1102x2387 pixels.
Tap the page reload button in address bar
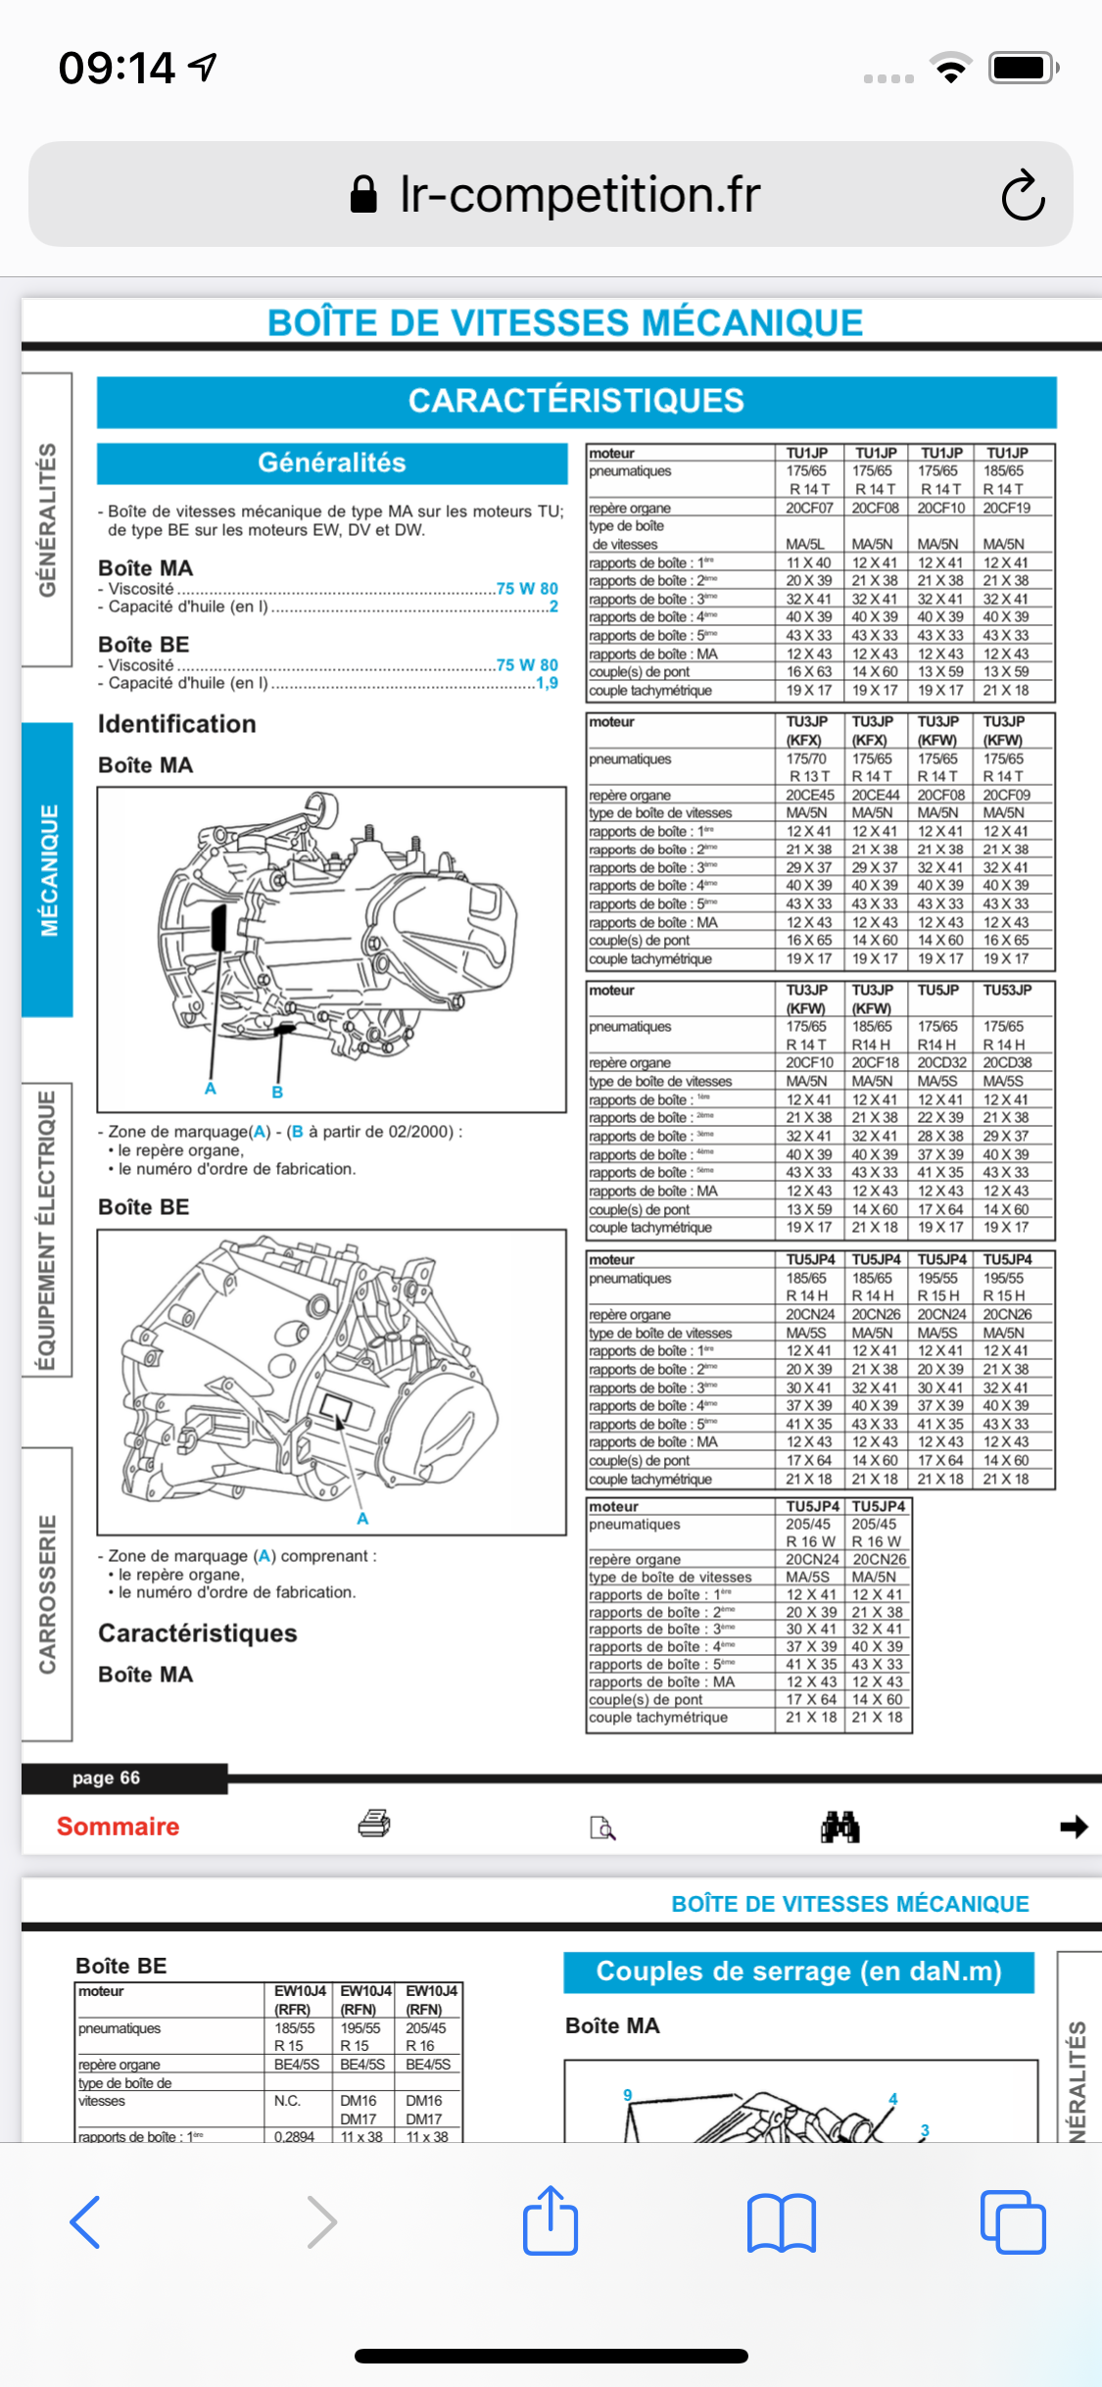tap(1023, 195)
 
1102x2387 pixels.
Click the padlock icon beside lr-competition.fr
tap(363, 195)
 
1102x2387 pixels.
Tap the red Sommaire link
tap(118, 1827)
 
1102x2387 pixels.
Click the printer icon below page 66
tap(374, 1824)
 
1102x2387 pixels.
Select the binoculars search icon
tap(839, 1827)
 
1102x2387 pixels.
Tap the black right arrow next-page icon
tap(1074, 1827)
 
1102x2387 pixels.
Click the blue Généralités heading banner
tap(332, 463)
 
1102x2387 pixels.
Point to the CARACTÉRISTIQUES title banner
tap(576, 402)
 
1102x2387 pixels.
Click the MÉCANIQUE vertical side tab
tap(48, 869)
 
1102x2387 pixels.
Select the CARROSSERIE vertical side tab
tap(47, 1593)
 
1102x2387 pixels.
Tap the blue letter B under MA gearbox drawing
tap(277, 1092)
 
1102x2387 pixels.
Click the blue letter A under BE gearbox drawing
tap(362, 1519)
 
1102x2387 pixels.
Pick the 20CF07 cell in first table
tap(809, 508)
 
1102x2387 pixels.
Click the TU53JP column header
tap(1007, 990)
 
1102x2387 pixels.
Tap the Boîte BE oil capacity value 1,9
tap(547, 683)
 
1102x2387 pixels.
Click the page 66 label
tap(106, 1778)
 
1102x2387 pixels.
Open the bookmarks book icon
tap(781, 2222)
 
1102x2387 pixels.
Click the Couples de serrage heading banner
tap(798, 1972)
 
